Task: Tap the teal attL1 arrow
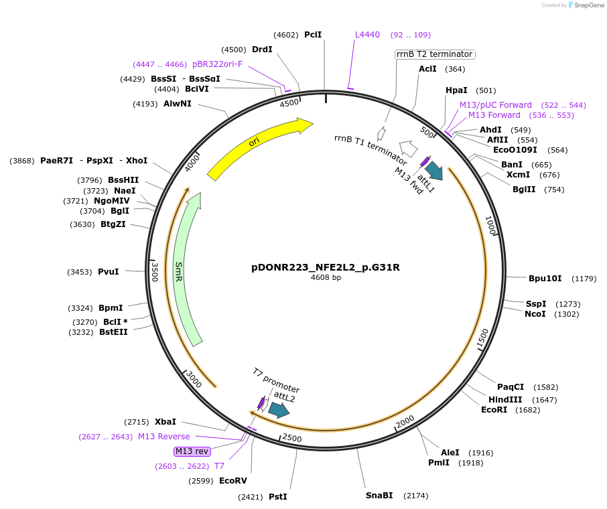(x=433, y=171)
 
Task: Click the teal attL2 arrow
(x=279, y=409)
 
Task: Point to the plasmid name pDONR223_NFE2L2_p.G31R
(x=326, y=267)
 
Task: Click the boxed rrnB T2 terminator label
(x=434, y=54)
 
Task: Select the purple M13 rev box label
(x=192, y=451)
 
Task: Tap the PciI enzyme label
(x=313, y=35)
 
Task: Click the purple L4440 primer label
(x=367, y=35)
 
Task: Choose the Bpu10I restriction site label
(x=543, y=279)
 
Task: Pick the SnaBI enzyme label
(x=379, y=496)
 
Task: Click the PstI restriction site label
(x=277, y=497)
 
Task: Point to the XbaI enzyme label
(x=165, y=422)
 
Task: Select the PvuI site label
(x=108, y=272)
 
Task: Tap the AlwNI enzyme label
(x=178, y=104)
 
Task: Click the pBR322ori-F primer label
(x=217, y=64)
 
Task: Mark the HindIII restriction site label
(x=505, y=400)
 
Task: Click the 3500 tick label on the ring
(x=155, y=272)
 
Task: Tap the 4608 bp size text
(x=326, y=278)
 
